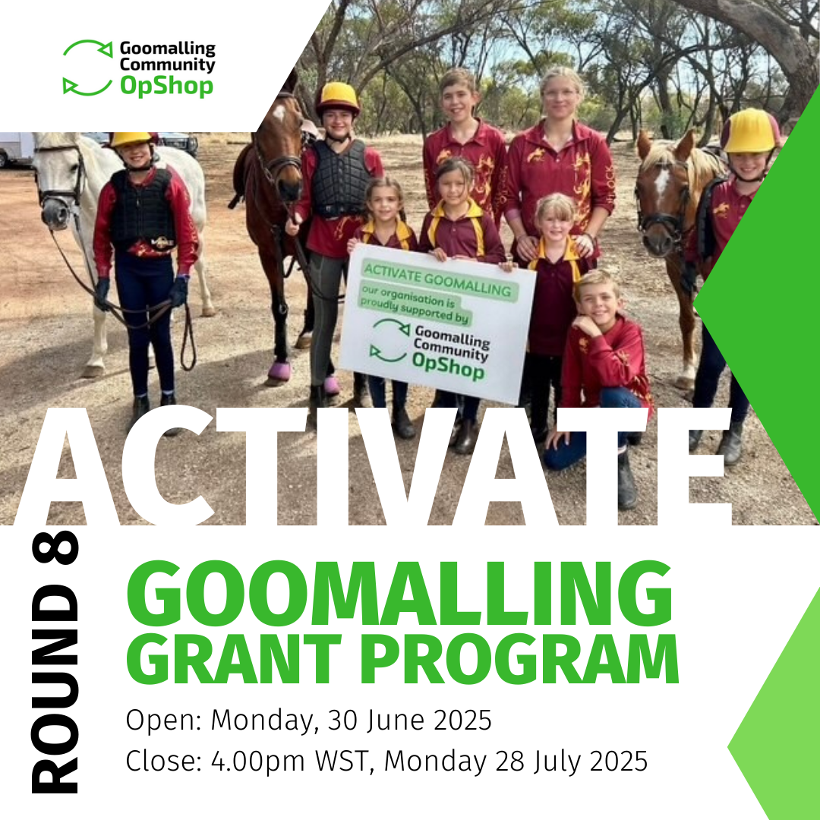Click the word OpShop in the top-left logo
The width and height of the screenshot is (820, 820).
coord(167,87)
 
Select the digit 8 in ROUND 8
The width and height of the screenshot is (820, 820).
coord(55,547)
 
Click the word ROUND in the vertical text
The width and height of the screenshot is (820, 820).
coord(55,689)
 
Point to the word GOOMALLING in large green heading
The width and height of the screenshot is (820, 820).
coord(399,594)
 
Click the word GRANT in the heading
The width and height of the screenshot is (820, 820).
coord(234,659)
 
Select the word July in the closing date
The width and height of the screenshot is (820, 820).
coord(557,762)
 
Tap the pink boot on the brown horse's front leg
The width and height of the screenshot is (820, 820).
coord(279,371)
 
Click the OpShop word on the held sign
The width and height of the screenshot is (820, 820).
coord(448,365)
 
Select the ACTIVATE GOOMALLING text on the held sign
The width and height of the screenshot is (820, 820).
coord(438,279)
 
